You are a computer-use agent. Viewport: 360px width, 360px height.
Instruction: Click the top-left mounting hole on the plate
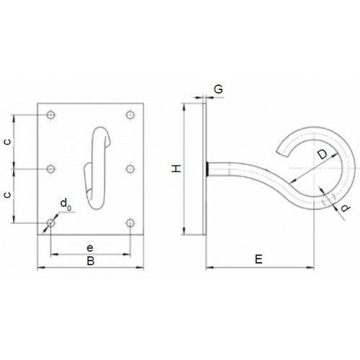50,115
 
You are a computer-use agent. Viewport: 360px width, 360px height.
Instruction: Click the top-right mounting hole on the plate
130,115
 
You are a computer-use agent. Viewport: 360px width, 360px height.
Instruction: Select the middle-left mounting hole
50,169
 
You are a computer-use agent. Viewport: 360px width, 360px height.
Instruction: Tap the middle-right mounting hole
130,169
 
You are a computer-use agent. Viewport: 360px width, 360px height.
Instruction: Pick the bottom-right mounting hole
130,223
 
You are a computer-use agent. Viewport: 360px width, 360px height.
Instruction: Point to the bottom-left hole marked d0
50,223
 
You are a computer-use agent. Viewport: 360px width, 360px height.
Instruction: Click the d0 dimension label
66,204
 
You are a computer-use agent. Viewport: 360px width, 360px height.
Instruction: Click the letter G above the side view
218,89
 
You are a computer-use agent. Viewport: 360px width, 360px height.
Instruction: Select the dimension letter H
176,168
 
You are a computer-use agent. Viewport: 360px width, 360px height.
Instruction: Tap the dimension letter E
258,259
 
